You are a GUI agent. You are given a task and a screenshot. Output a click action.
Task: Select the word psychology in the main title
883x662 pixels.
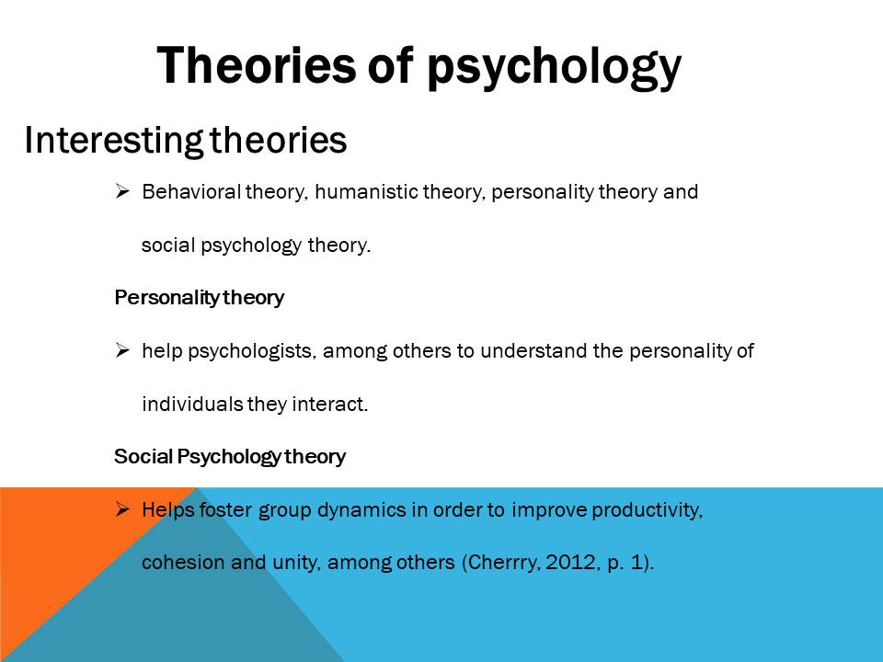click(554, 69)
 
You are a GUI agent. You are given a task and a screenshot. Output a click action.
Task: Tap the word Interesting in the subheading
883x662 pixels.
click(113, 140)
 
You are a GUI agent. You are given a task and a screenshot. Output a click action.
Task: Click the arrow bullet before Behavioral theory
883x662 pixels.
click(122, 191)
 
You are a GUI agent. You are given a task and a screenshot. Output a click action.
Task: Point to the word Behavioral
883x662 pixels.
click(191, 192)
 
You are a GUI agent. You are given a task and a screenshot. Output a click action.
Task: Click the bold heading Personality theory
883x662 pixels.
click(200, 297)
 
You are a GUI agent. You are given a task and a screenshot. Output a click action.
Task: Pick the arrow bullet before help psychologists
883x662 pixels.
click(122, 350)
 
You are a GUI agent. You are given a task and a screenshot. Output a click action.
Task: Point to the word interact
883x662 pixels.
click(330, 405)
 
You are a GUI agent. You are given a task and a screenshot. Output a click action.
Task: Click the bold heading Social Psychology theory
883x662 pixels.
click(230, 457)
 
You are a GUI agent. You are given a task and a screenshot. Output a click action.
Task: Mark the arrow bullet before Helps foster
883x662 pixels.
click(122, 510)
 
